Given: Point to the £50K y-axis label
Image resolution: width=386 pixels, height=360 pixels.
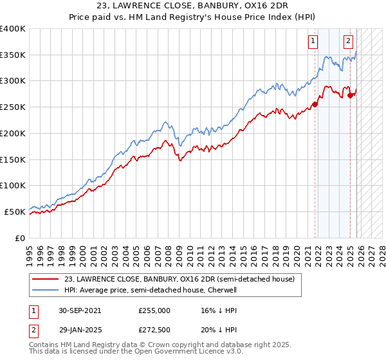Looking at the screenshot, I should pos(15,212).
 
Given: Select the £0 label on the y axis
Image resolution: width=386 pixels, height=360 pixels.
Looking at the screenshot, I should pos(21,238).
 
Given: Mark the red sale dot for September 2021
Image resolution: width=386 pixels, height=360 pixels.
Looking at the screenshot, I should pos(315,104).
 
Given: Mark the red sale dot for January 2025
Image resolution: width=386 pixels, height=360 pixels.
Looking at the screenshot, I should pos(351,95).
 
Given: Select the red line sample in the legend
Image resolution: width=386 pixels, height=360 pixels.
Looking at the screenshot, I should pos(46,280).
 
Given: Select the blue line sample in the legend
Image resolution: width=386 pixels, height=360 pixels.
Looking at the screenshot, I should pos(46,291).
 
